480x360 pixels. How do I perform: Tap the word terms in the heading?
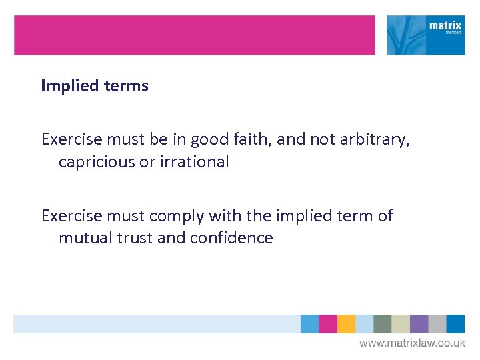[x=125, y=86]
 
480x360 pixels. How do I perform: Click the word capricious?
[x=96, y=162]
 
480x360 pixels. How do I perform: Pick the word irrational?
[x=196, y=162]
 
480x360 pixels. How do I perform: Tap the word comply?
[x=177, y=216]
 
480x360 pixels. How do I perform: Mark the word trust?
[x=132, y=238]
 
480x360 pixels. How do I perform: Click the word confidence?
[x=231, y=238]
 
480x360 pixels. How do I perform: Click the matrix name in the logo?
[x=445, y=26]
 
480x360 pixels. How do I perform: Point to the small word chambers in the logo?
[x=453, y=35]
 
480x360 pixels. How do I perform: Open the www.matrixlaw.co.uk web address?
[x=412, y=343]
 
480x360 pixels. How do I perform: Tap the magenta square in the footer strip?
[x=327, y=324]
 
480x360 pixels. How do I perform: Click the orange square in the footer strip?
[x=346, y=324]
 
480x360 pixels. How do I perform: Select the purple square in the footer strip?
[x=419, y=324]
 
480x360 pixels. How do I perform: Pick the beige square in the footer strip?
[x=401, y=324]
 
